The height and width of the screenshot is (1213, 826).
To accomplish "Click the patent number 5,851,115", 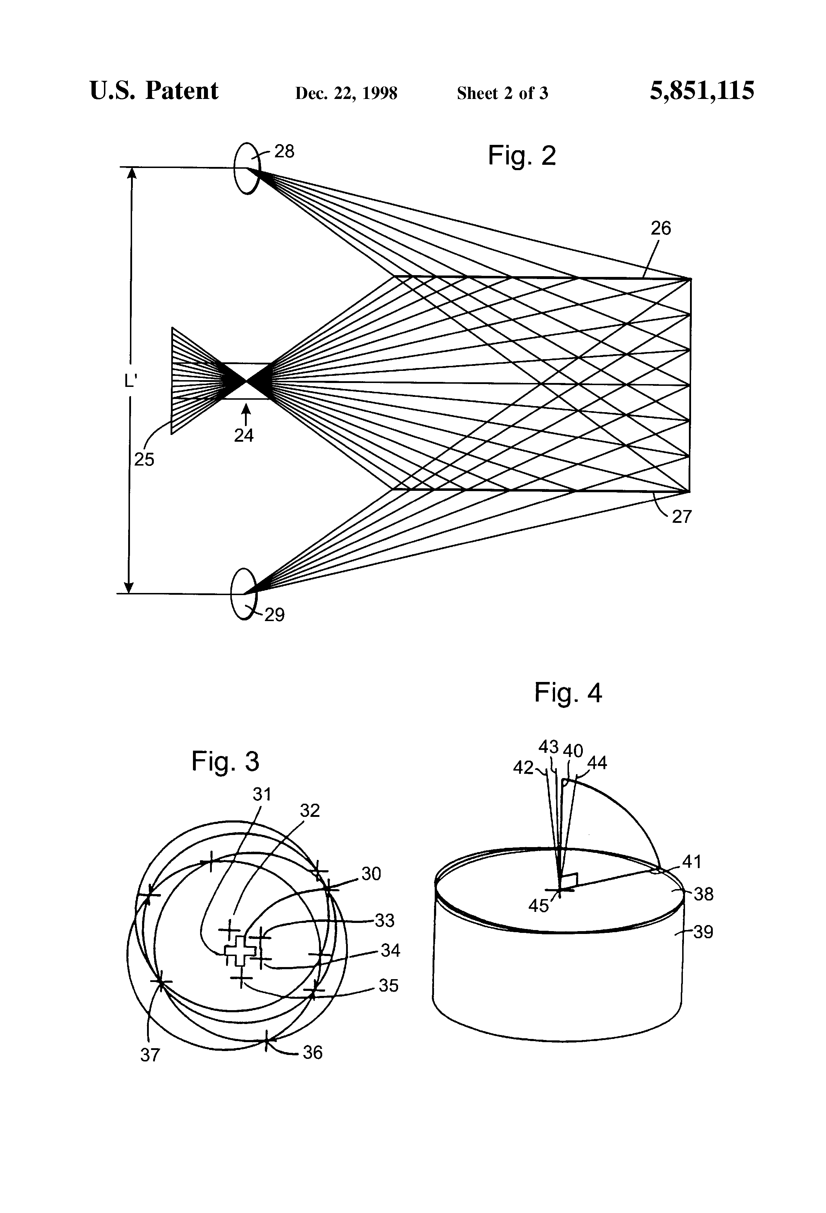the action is [x=702, y=91].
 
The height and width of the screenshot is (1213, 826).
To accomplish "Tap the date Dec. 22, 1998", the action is [x=346, y=93].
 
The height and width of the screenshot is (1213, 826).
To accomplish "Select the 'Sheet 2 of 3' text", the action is [x=502, y=93].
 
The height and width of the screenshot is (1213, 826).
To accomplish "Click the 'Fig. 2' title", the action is [x=522, y=156].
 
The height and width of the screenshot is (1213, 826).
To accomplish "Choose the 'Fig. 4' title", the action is [x=568, y=693].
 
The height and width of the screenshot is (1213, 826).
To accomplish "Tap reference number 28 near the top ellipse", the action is [x=284, y=151].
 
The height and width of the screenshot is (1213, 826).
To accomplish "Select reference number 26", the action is [x=660, y=228].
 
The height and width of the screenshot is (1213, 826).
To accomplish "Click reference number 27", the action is [x=681, y=517].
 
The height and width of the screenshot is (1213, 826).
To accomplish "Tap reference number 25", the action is [x=144, y=459].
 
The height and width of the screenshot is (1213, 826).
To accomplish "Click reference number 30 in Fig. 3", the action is [x=371, y=874].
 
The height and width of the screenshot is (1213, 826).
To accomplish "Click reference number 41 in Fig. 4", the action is [x=692, y=862].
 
